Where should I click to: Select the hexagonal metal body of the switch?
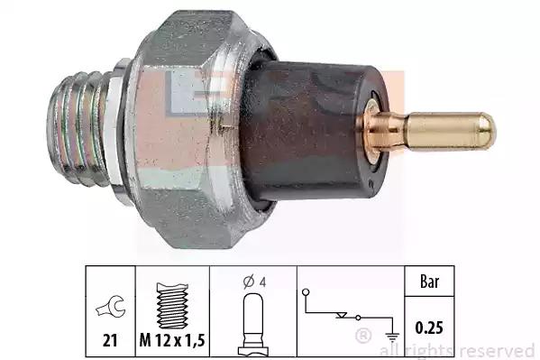[x=193, y=129]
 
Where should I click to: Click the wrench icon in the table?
[x=111, y=306]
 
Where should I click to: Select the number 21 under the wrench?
[x=110, y=341]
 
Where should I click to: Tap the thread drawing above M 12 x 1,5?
[x=172, y=306]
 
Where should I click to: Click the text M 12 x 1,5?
[x=172, y=340]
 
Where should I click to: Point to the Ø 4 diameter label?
[x=254, y=282]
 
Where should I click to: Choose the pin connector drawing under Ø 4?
[x=253, y=324]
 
